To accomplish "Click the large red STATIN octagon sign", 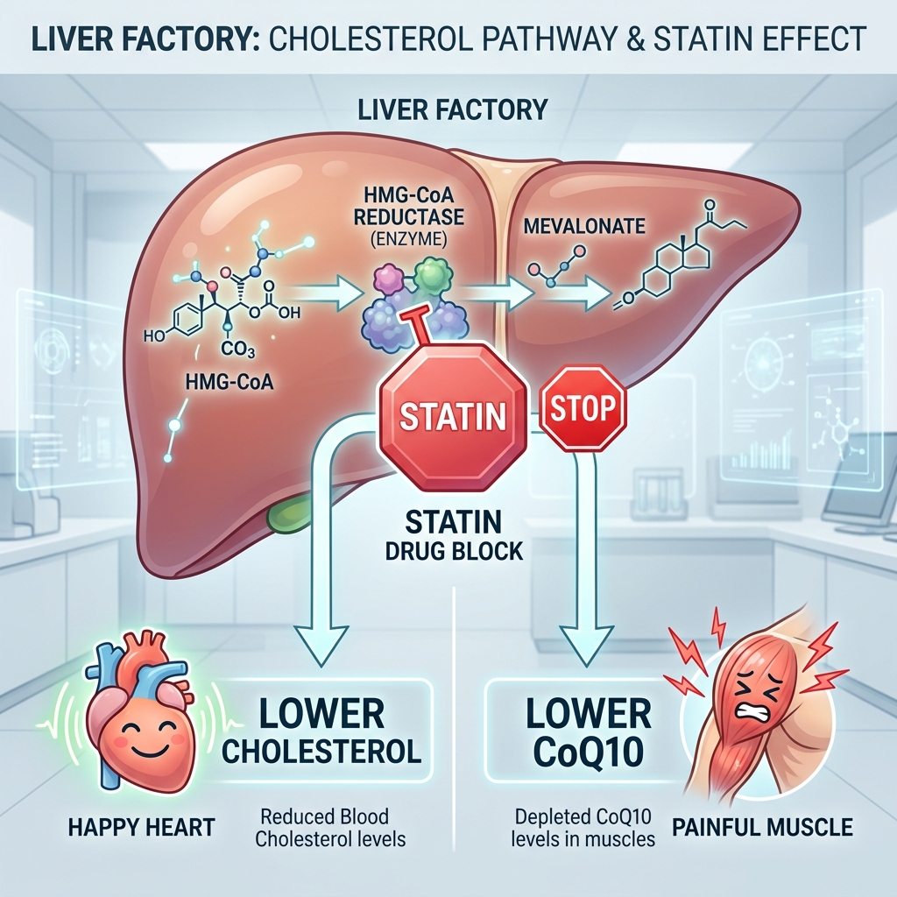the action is tap(453, 416).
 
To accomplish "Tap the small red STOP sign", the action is tap(583, 408).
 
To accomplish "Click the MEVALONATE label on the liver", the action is tap(584, 226).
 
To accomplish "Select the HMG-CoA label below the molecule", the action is tap(230, 382).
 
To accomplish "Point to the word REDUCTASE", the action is tap(409, 217).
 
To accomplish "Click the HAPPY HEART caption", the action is tap(142, 827).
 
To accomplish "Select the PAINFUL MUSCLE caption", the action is tap(762, 827).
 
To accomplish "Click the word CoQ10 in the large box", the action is tap(589, 752).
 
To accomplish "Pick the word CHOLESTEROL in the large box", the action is tap(321, 751).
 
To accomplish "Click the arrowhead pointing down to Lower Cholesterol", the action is tap(321, 644).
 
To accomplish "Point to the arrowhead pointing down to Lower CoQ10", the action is tap(588, 644).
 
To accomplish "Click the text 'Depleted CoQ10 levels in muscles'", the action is tap(583, 827).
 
